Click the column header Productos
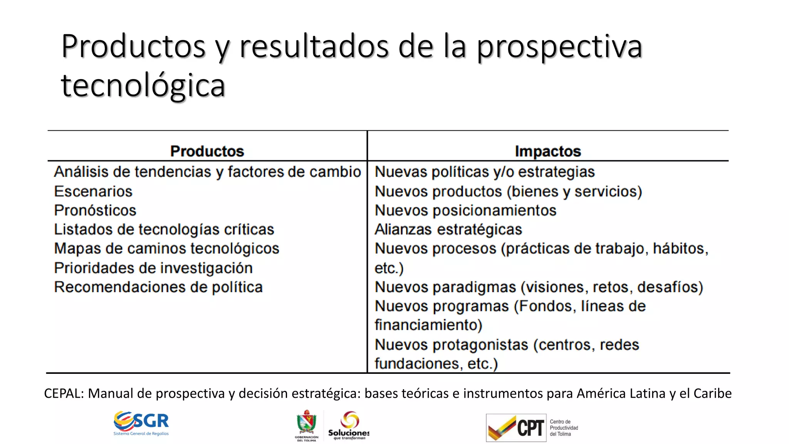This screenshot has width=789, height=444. point(207,151)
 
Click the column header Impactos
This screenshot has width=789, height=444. point(547,151)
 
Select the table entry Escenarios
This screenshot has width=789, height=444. point(93,192)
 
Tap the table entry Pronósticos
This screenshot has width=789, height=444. point(95,210)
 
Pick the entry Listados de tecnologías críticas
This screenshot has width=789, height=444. point(164,229)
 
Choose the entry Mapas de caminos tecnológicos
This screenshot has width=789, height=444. point(166,249)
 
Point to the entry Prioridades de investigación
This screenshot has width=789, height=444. point(153,268)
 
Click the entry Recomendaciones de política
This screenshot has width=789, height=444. point(158,287)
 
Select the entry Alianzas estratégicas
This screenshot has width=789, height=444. point(448,229)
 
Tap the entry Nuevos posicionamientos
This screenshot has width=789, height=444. point(465,210)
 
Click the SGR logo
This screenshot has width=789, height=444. point(141,423)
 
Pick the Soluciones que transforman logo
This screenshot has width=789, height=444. point(349,425)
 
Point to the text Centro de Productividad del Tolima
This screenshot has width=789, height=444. point(564,428)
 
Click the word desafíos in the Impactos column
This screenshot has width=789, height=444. point(670,287)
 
